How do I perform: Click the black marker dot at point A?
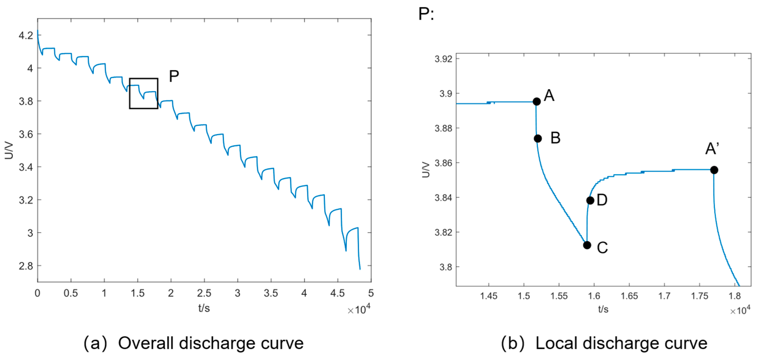(x=536, y=101)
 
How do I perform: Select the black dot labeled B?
(x=537, y=138)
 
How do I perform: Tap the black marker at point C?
(x=587, y=245)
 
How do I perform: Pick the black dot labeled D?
(x=590, y=200)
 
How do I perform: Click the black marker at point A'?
(x=714, y=170)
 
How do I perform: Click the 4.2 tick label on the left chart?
(x=26, y=36)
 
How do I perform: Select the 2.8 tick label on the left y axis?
(x=26, y=266)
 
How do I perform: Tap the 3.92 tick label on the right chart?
(x=443, y=59)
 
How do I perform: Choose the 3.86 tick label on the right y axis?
(x=443, y=163)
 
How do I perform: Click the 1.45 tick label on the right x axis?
(x=489, y=296)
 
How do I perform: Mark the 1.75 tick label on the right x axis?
(x=700, y=296)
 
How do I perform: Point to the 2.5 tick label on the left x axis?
(x=204, y=293)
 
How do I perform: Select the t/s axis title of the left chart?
(x=204, y=308)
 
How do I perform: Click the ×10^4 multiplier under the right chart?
(x=740, y=310)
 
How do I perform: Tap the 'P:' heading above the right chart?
(x=426, y=14)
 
